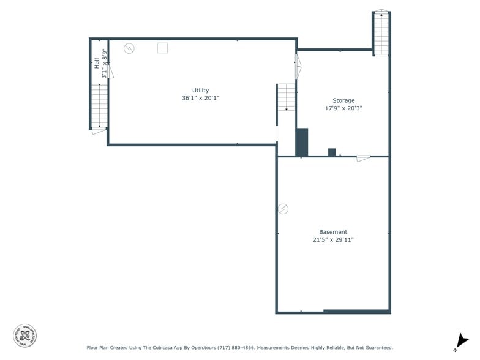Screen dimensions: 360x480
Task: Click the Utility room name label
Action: (200, 90)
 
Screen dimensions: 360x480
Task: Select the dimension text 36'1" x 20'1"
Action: (200, 98)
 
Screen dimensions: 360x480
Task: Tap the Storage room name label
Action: (343, 100)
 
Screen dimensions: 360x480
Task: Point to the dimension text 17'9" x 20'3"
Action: (343, 108)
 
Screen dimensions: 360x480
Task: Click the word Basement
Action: (333, 232)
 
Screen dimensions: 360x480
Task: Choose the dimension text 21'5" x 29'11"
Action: (333, 240)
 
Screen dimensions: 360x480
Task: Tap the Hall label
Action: (97, 62)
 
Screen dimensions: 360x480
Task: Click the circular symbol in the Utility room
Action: (129, 48)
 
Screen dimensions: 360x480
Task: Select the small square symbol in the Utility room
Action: (162, 48)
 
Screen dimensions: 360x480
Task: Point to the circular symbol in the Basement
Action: (283, 209)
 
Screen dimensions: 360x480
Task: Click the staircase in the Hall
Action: (99, 105)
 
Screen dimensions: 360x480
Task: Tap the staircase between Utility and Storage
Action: (286, 98)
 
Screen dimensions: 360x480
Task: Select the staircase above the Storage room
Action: (381, 33)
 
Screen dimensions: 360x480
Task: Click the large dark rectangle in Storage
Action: (302, 142)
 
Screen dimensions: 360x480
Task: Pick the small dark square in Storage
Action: (332, 152)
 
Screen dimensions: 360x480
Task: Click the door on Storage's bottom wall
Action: (363, 159)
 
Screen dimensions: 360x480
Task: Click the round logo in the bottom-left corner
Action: (25, 335)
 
